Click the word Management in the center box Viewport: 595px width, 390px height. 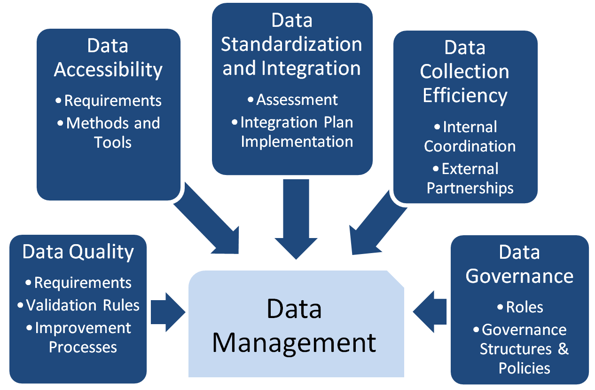294,342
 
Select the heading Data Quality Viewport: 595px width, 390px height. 78,252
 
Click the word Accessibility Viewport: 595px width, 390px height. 108,70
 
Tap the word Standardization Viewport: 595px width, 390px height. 291,44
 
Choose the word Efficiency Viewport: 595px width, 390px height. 465,95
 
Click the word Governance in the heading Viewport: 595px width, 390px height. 519,276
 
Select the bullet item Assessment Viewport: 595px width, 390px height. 297,100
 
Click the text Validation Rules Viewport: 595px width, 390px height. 83,305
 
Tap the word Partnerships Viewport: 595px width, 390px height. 470,188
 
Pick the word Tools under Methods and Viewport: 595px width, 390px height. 112,142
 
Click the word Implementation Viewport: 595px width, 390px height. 297,142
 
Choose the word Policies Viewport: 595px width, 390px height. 524,368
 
